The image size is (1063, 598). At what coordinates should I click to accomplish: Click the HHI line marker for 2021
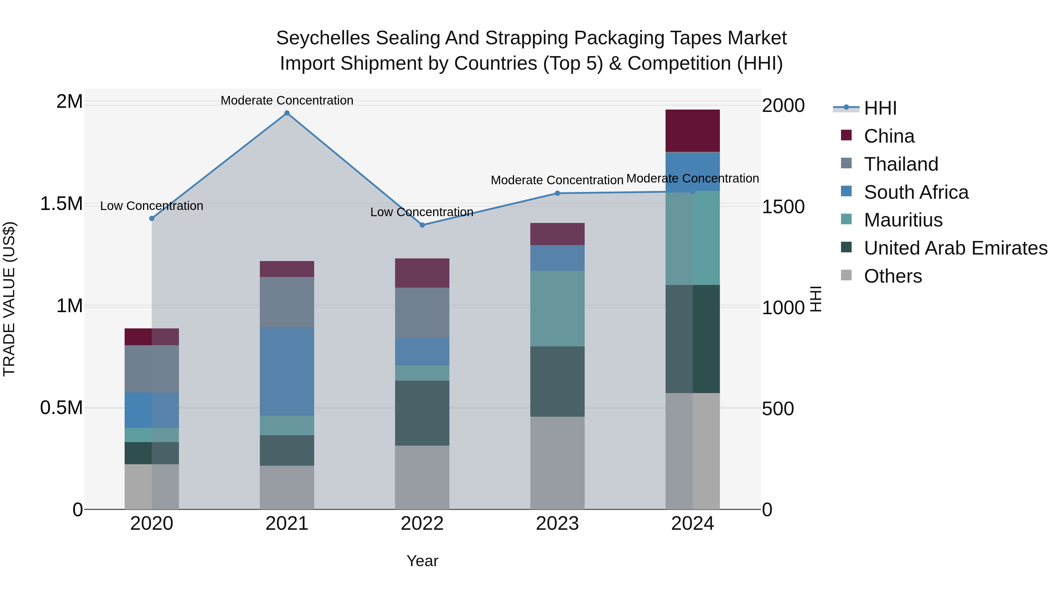pos(287,113)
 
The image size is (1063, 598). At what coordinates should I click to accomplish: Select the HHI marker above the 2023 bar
pos(557,193)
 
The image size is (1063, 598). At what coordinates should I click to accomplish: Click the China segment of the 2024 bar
pos(692,131)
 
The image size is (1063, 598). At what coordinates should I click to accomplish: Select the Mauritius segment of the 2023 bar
pos(557,308)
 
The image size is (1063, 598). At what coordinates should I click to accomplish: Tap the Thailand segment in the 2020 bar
pos(151,369)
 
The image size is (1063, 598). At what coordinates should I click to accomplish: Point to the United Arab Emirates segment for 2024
pos(692,338)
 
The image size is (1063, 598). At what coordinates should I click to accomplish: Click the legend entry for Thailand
pos(901,164)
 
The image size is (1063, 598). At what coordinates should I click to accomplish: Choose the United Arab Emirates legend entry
pos(955,248)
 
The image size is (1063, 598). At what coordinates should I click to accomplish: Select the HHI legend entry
pos(880,108)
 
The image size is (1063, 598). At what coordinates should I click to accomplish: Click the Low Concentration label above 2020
pos(151,206)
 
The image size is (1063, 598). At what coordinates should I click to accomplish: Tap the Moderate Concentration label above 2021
pos(287,100)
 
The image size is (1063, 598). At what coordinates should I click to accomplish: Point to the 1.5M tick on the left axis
pos(61,204)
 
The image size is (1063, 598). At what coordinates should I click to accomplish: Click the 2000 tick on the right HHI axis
pos(783,106)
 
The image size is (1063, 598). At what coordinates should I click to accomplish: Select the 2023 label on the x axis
pos(557,524)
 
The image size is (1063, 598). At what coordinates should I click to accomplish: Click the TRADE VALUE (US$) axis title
pos(9,299)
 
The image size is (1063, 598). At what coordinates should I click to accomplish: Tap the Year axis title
pos(422,561)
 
